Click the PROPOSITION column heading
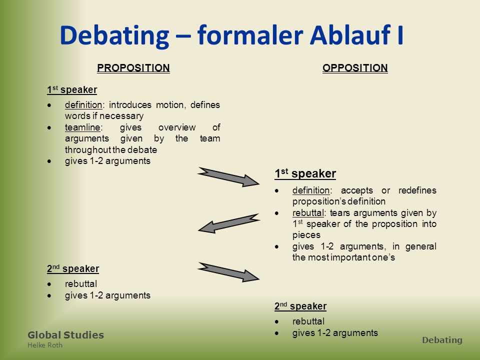133,68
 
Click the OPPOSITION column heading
355,68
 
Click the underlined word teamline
82,127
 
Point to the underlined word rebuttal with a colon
308,213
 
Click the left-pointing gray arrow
228,223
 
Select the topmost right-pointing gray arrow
228,177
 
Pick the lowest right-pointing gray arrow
228,272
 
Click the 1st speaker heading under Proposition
72,89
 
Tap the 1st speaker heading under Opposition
305,173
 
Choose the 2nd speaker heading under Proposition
73,269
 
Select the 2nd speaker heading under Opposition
300,306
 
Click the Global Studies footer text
66,335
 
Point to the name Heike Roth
45,345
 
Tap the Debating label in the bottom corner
442,340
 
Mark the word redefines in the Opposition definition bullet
417,190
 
